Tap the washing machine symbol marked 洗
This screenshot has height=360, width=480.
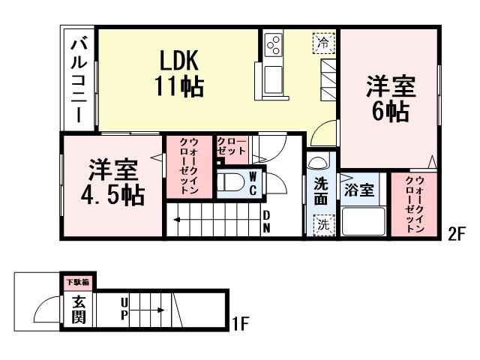[322, 223]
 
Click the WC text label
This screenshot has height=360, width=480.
[253, 182]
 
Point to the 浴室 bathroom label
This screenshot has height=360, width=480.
[358, 190]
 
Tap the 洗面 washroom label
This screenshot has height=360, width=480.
[321, 190]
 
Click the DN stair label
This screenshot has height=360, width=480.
[266, 222]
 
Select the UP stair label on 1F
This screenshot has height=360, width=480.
[124, 308]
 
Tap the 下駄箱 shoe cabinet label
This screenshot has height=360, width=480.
[76, 282]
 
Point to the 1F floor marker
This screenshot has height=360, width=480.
[239, 324]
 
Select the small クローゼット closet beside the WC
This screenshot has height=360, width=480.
[231, 148]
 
